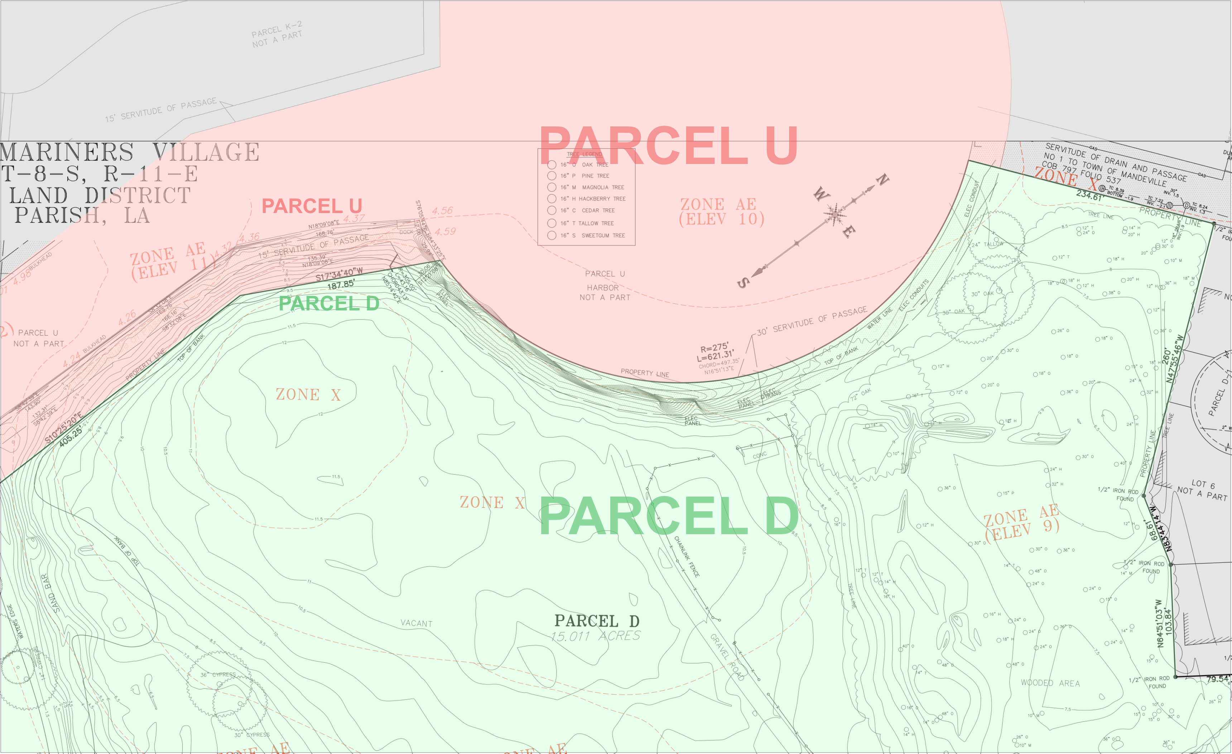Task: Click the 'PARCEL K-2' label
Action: point(276,29)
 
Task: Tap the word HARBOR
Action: point(602,287)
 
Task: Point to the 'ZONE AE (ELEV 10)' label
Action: point(721,212)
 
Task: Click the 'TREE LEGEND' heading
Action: point(584,154)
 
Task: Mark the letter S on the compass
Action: point(743,283)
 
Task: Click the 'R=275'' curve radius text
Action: point(714,348)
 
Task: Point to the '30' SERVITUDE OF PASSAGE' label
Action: point(812,320)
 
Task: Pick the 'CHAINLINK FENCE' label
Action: point(687,556)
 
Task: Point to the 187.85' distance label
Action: point(341,285)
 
